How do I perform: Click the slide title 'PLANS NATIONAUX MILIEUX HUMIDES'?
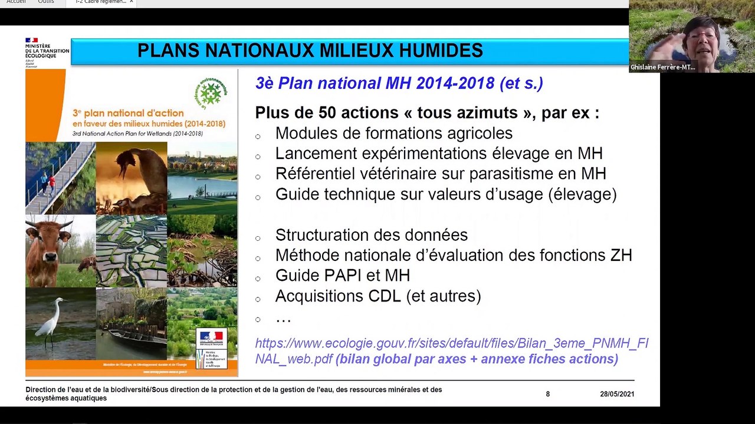(x=310, y=51)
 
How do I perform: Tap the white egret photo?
(x=60, y=323)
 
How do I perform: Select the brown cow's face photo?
(x=60, y=250)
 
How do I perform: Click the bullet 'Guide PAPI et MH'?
(x=342, y=276)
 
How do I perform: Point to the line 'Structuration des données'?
(x=371, y=235)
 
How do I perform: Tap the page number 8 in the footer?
(x=547, y=394)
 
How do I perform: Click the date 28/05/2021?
(x=617, y=394)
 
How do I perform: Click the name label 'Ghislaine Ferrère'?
(x=662, y=68)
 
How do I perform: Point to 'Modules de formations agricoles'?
(x=393, y=134)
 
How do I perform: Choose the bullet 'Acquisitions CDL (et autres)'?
(x=377, y=296)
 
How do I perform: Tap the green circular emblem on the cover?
(x=210, y=93)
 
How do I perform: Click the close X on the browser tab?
(x=132, y=2)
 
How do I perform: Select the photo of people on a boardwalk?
(x=60, y=178)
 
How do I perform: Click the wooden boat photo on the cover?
(x=132, y=323)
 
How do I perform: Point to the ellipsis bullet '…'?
(x=283, y=318)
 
